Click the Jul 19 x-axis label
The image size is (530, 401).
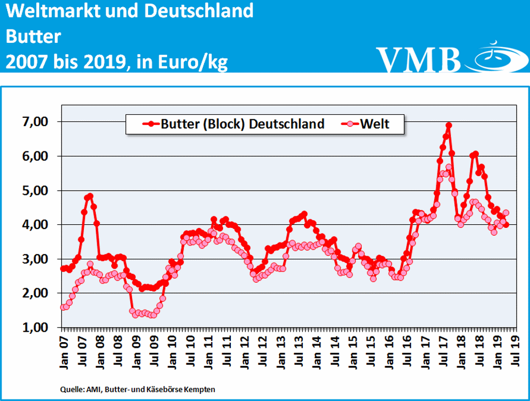click(516, 350)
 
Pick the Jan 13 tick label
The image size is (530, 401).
click(282, 350)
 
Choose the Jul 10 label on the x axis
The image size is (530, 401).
click(190, 350)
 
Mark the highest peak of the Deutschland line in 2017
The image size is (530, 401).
click(449, 125)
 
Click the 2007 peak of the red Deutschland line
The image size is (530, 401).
click(90, 196)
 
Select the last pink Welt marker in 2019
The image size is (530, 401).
click(506, 212)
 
